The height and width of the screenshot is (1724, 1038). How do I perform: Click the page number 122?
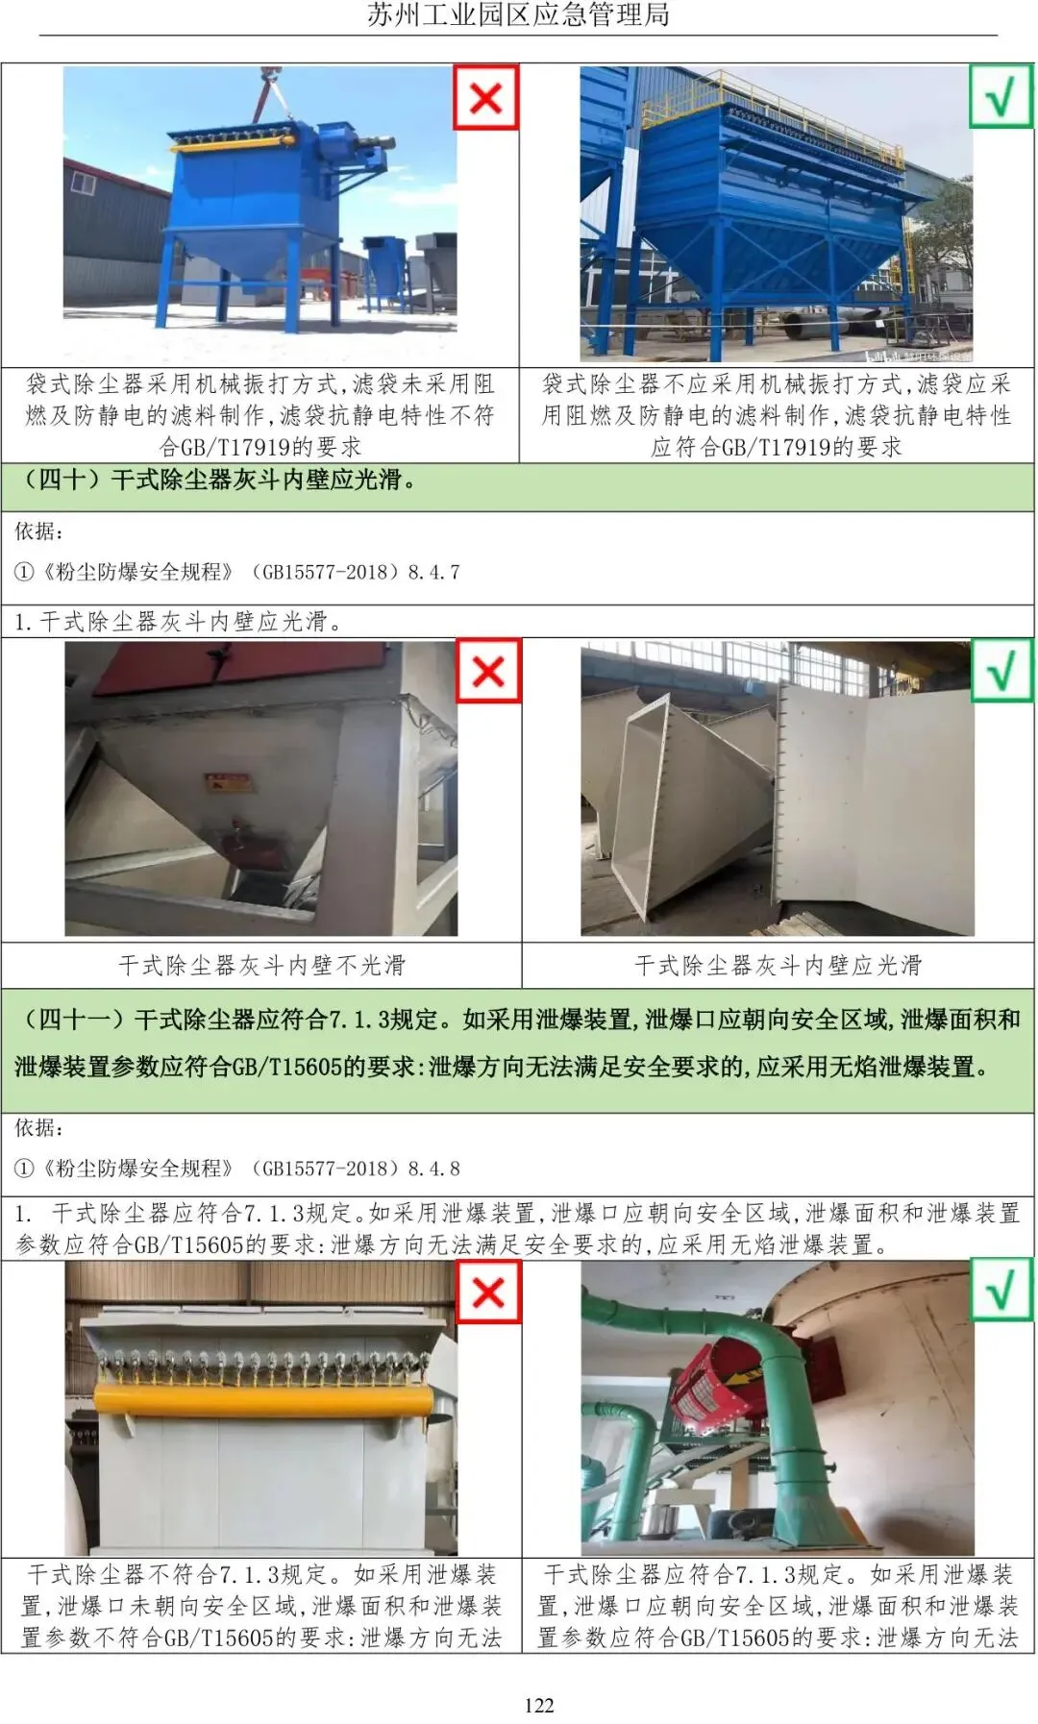point(538,1705)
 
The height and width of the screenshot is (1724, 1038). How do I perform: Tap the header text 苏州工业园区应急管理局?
point(518,14)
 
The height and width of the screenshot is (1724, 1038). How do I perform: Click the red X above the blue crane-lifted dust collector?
point(485,97)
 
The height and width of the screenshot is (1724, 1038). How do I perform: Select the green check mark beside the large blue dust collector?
point(1001,96)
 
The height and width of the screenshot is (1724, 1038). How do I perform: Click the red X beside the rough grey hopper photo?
point(488,671)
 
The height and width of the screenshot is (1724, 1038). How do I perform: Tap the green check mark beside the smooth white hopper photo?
point(1001,670)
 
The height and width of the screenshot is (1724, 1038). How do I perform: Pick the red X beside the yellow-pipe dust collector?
point(488,1292)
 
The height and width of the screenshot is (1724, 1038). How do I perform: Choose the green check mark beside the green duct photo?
point(1001,1292)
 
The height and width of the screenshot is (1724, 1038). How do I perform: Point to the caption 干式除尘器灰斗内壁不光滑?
point(261,965)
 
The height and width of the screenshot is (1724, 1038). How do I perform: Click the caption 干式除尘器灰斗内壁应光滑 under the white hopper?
point(778,965)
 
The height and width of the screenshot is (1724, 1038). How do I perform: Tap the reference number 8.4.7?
point(433,573)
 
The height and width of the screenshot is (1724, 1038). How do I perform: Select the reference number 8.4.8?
point(433,1170)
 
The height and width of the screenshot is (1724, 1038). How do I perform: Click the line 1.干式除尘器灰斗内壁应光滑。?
point(178,622)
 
